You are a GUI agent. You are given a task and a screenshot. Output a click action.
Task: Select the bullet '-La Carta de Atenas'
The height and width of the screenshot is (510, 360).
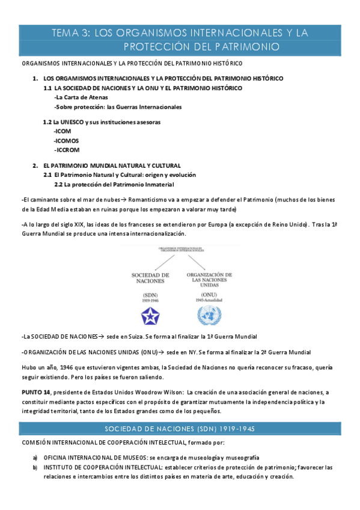[x=81, y=97]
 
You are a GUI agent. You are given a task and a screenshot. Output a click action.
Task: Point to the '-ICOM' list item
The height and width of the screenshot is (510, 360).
[x=62, y=131]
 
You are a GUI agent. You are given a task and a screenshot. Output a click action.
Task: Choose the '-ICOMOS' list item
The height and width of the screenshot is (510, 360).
[x=66, y=140]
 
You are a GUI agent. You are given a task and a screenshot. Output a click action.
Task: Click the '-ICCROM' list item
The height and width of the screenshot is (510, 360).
[x=67, y=150]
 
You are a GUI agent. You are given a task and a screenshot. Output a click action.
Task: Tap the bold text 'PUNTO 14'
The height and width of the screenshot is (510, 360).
[x=37, y=392]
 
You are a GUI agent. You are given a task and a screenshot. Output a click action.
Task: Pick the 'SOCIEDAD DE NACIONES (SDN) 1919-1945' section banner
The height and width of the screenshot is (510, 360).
[x=180, y=429]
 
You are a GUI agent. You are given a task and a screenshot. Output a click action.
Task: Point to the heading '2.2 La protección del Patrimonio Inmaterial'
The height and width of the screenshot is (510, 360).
[x=114, y=184]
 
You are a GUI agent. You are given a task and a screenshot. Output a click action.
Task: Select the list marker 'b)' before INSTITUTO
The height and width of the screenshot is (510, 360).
[x=35, y=467]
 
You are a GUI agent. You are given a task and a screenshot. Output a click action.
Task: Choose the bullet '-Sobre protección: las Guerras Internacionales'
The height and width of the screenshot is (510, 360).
[x=118, y=107]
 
